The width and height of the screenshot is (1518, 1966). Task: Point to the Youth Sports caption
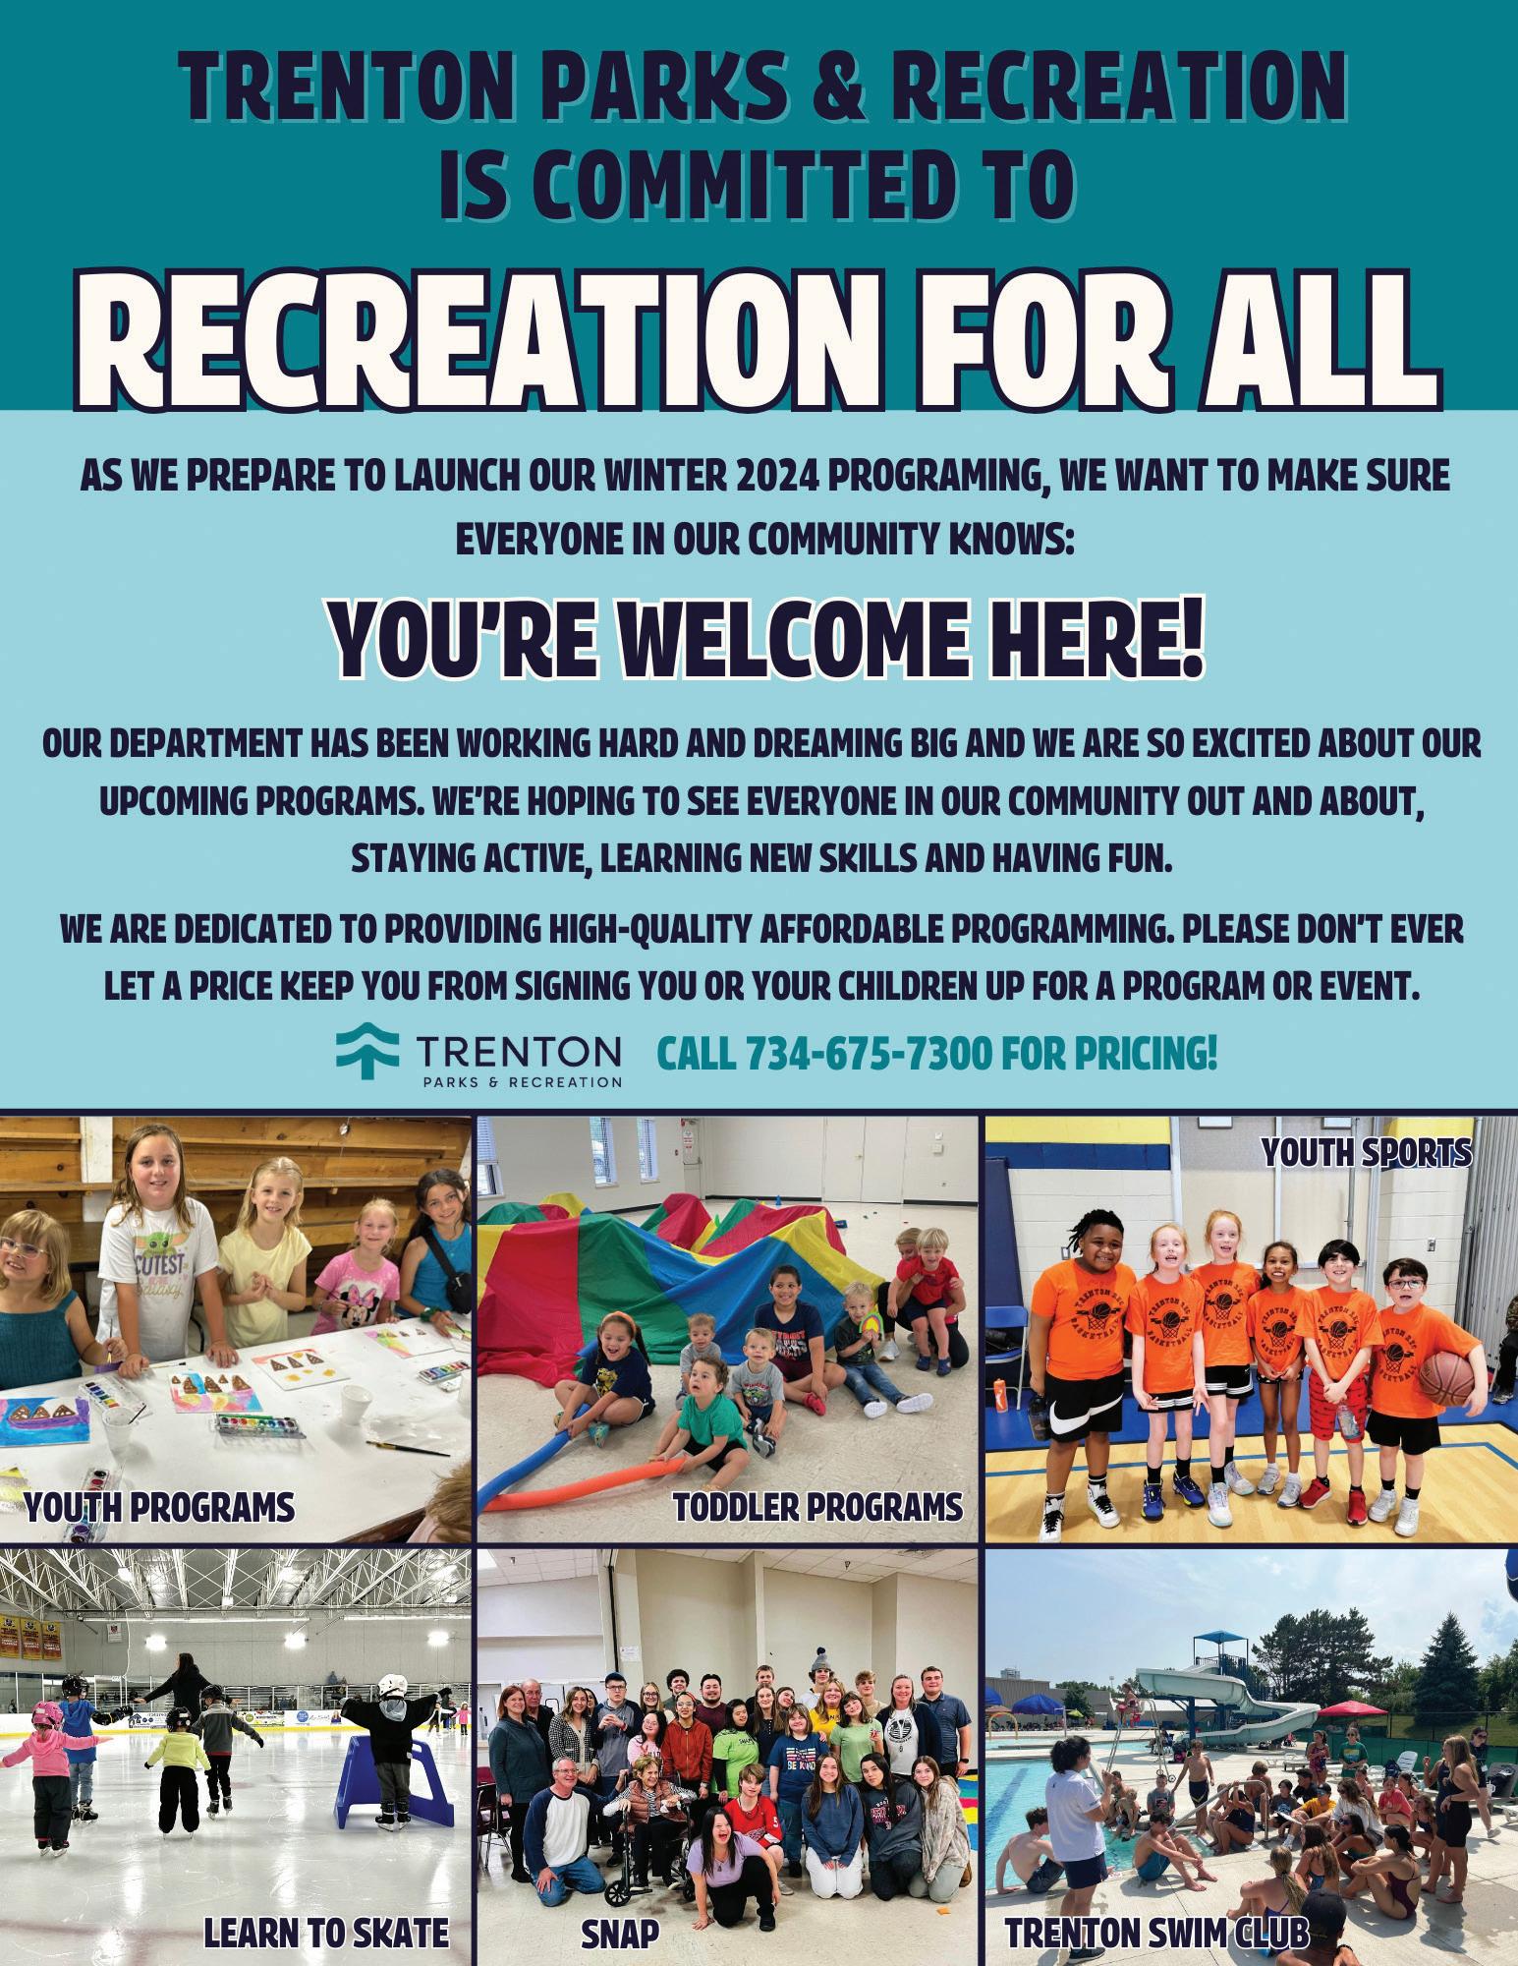(x=1367, y=1152)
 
